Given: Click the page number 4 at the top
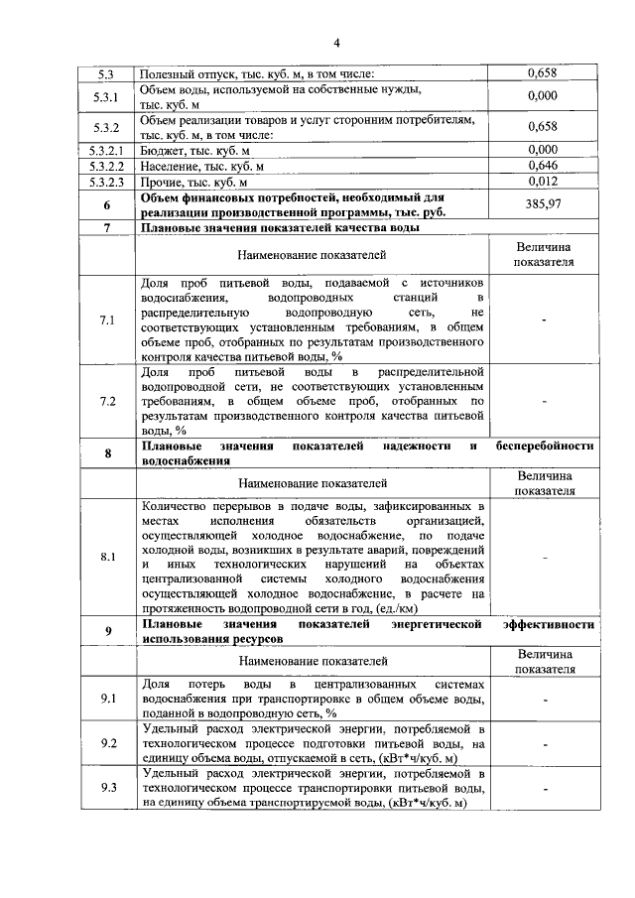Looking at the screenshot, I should [x=336, y=43].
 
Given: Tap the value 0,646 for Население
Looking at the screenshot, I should [x=542, y=166].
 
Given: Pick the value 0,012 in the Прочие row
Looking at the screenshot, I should [x=542, y=182].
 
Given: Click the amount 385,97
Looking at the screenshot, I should [x=542, y=204].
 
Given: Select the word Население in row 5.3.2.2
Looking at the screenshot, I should [x=174, y=166].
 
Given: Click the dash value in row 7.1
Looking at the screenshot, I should [x=543, y=321].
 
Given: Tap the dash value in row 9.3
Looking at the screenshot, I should [x=543, y=788].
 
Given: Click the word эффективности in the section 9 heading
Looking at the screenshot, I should [x=549, y=624].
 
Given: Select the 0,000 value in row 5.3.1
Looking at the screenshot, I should [x=542, y=96].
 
